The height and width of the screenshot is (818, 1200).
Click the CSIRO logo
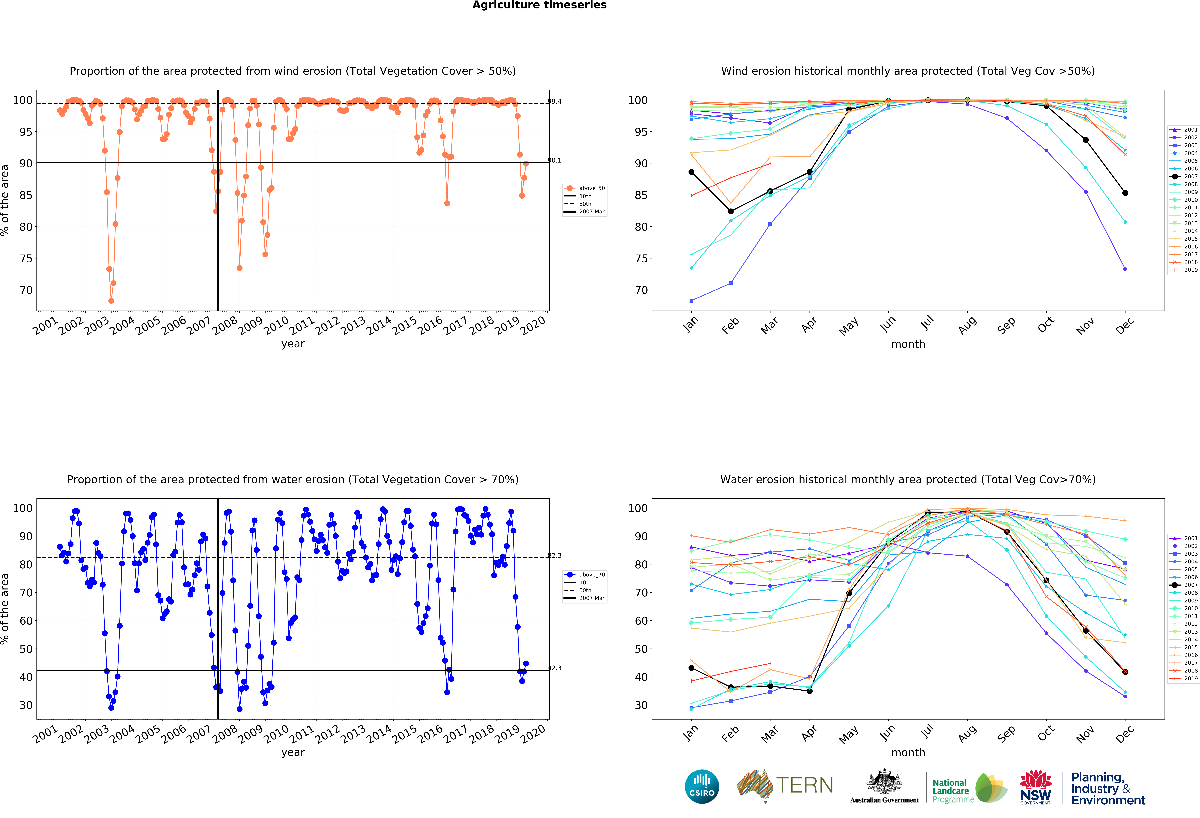702,786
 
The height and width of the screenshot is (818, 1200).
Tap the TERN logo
785,785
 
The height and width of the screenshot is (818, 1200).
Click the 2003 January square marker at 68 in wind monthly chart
691,301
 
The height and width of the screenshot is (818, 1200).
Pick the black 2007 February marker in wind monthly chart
731,211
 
